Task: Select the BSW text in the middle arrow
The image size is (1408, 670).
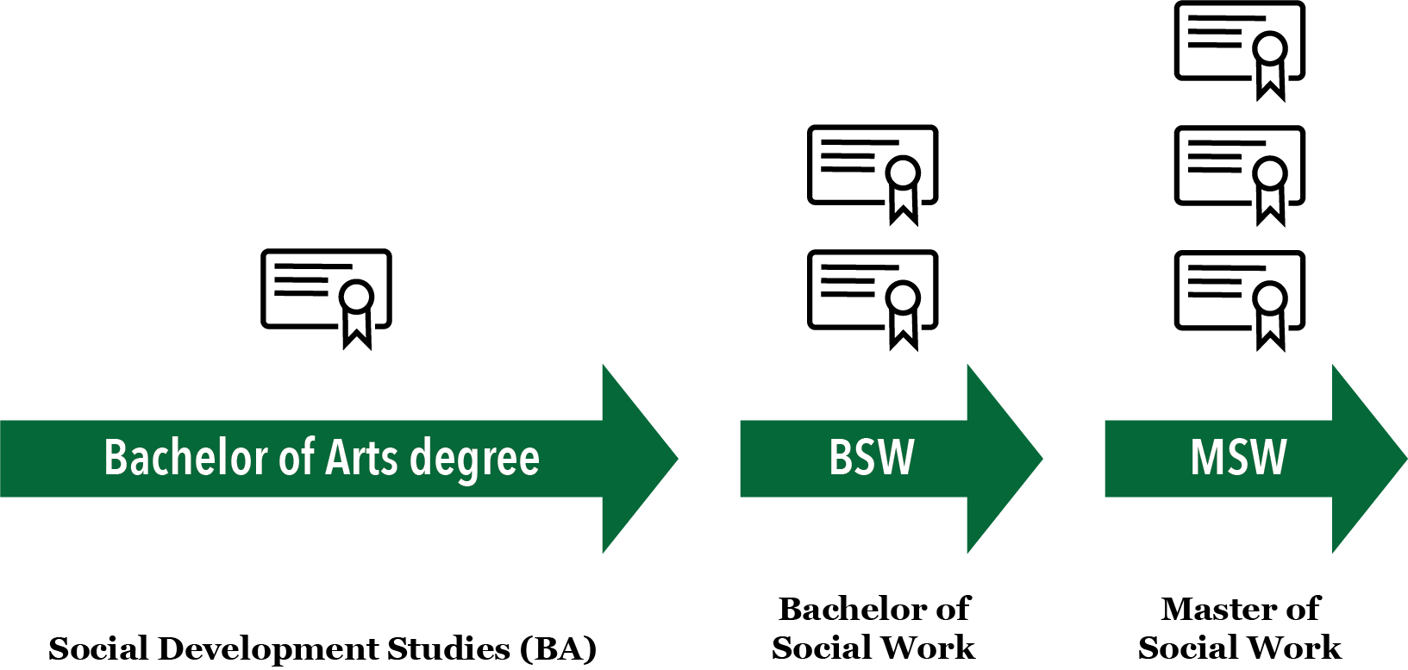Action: coord(871,457)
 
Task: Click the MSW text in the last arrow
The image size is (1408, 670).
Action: coord(1238,457)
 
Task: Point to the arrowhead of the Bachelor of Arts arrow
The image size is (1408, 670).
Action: coord(638,459)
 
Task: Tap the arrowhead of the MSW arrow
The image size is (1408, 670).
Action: coord(1371,459)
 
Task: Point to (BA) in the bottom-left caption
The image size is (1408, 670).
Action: coord(558,648)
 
